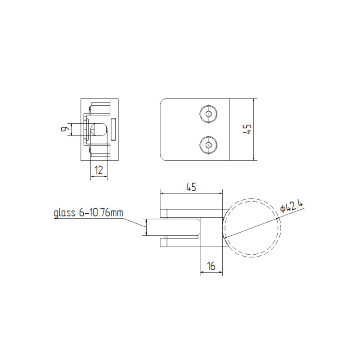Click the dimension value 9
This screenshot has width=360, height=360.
pyautogui.click(x=64, y=129)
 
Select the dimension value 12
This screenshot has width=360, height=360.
pyautogui.click(x=99, y=170)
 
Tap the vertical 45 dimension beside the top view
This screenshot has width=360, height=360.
pyautogui.click(x=248, y=129)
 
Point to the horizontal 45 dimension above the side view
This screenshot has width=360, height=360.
pyautogui.click(x=191, y=187)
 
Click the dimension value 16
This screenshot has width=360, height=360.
pyautogui.click(x=211, y=266)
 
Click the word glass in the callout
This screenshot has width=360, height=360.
pyautogui.click(x=64, y=213)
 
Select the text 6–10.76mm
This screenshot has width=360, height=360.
pyautogui.click(x=101, y=212)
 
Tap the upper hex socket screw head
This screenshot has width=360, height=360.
pyautogui.click(x=208, y=114)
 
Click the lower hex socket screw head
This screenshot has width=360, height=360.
pyautogui.click(x=208, y=145)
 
